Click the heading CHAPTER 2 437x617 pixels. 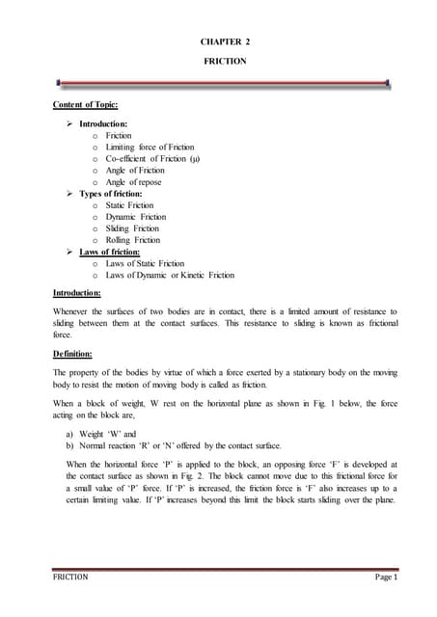[x=224, y=43]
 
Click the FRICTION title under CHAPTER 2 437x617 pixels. [x=224, y=61]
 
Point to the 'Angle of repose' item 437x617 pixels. [x=133, y=182]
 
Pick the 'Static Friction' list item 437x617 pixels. [x=129, y=205]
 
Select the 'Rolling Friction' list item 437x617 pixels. [x=132, y=240]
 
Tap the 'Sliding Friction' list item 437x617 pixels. [x=132, y=228]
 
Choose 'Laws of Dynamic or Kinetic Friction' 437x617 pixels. [x=170, y=275]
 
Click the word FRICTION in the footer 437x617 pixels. [x=70, y=577]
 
